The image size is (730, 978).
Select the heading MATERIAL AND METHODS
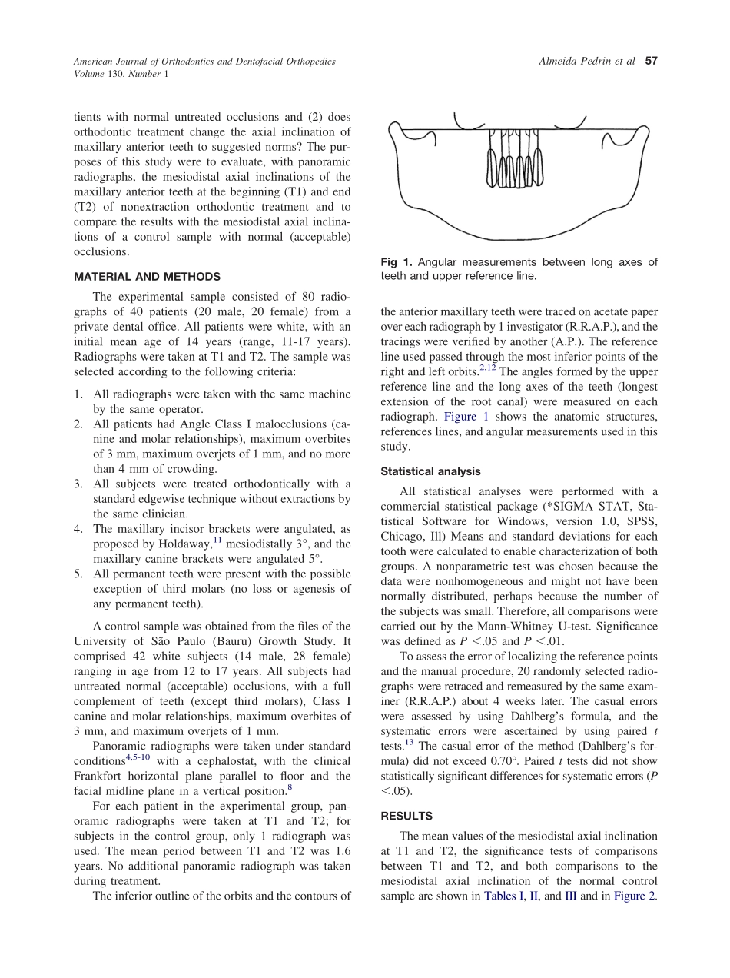coord(147,277)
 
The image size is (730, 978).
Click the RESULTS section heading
coord(406,816)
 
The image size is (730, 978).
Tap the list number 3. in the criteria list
coord(78,484)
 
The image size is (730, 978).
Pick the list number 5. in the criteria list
coord(78,574)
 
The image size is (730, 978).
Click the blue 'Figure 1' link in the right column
coord(466,417)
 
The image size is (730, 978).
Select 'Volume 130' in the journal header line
coord(98,74)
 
